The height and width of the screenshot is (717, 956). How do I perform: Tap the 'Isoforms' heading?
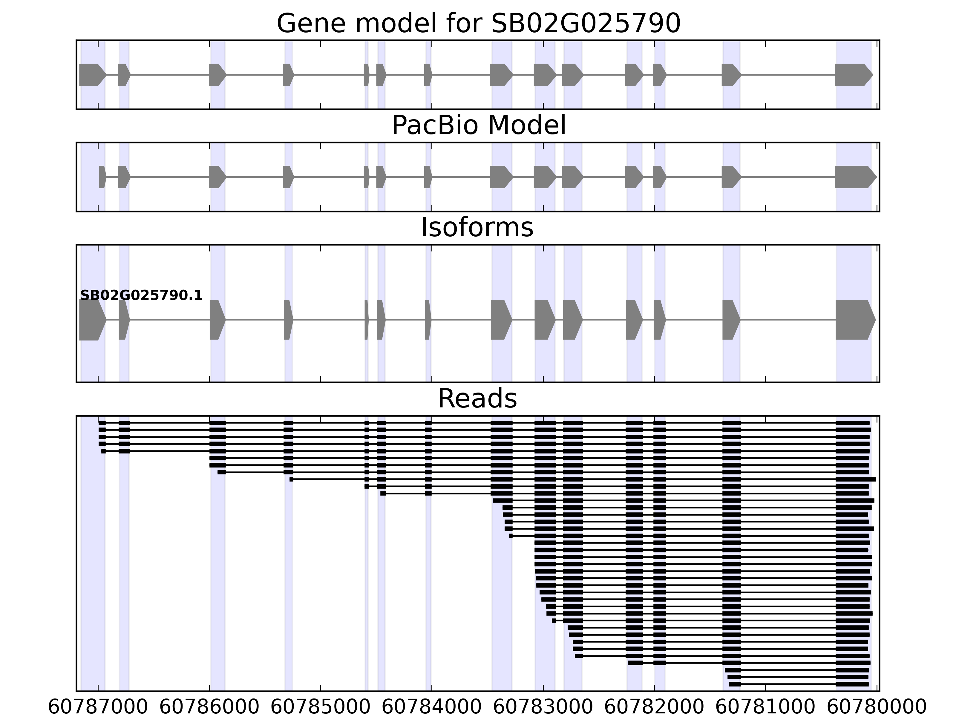pyautogui.click(x=477, y=228)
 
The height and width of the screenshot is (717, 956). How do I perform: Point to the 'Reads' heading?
pyautogui.click(x=477, y=399)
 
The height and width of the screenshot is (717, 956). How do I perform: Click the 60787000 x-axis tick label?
pyautogui.click(x=98, y=707)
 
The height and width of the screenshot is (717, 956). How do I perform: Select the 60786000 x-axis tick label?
pyautogui.click(x=210, y=707)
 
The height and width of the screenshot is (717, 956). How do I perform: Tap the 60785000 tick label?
pyautogui.click(x=321, y=707)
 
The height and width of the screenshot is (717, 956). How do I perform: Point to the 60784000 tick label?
pyautogui.click(x=432, y=707)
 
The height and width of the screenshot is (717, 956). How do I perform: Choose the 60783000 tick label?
pyautogui.click(x=543, y=707)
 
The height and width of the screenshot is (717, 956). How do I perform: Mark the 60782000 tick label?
pyautogui.click(x=654, y=707)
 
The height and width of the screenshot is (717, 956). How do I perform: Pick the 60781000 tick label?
pyautogui.click(x=765, y=707)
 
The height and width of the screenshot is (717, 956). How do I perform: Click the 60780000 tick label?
pyautogui.click(x=877, y=707)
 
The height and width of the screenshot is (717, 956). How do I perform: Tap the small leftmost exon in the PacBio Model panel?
pyautogui.click(x=102, y=177)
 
